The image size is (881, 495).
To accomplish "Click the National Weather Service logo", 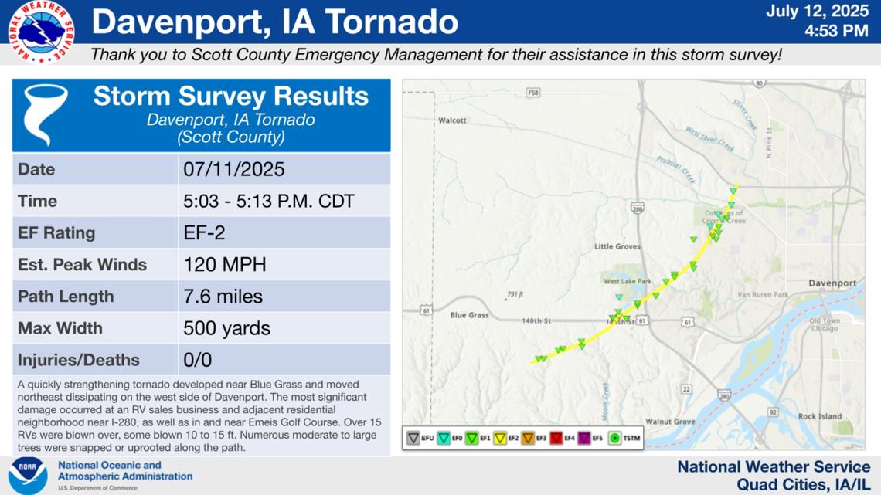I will pyautogui.click(x=41, y=31).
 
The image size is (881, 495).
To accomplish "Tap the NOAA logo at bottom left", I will pyautogui.click(x=28, y=476).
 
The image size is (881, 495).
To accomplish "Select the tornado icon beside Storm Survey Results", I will pyautogui.click(x=46, y=115).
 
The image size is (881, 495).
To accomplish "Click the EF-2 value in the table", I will pyautogui.click(x=204, y=232).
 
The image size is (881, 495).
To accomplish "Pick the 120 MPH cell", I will pyautogui.click(x=224, y=265).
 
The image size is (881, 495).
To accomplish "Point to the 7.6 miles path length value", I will pyautogui.click(x=223, y=297).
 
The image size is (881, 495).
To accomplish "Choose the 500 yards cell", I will pyautogui.click(x=226, y=328).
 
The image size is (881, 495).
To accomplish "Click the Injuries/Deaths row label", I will pyautogui.click(x=79, y=360).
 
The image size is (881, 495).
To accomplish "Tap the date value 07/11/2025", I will pyautogui.click(x=234, y=169).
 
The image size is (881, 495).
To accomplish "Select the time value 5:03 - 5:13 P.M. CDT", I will pyautogui.click(x=268, y=201).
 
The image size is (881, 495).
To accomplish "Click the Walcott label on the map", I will pyautogui.click(x=452, y=120).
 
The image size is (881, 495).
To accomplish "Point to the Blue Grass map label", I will pyautogui.click(x=470, y=315).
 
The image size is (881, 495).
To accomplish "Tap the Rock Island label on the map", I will pyautogui.click(x=819, y=416).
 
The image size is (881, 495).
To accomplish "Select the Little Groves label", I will pyautogui.click(x=617, y=246).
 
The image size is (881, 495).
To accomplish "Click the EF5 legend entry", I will pyautogui.click(x=590, y=438).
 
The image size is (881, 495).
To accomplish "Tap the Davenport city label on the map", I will pyautogui.click(x=832, y=283).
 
